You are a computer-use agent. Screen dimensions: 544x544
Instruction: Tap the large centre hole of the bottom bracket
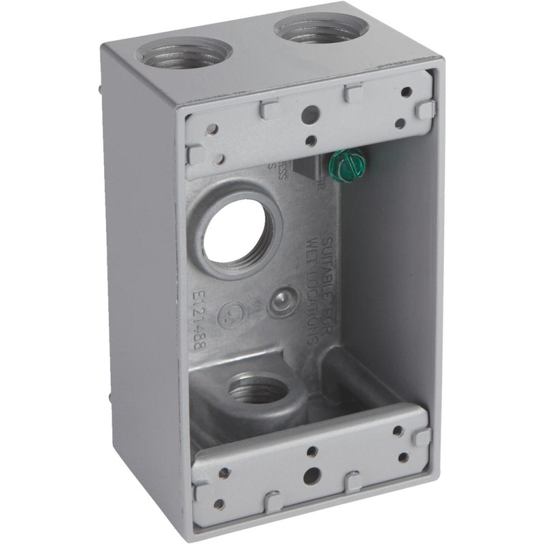[x=311, y=473]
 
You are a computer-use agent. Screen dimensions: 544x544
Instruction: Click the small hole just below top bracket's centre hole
[x=310, y=141]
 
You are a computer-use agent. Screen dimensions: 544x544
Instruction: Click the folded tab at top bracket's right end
[x=426, y=109]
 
